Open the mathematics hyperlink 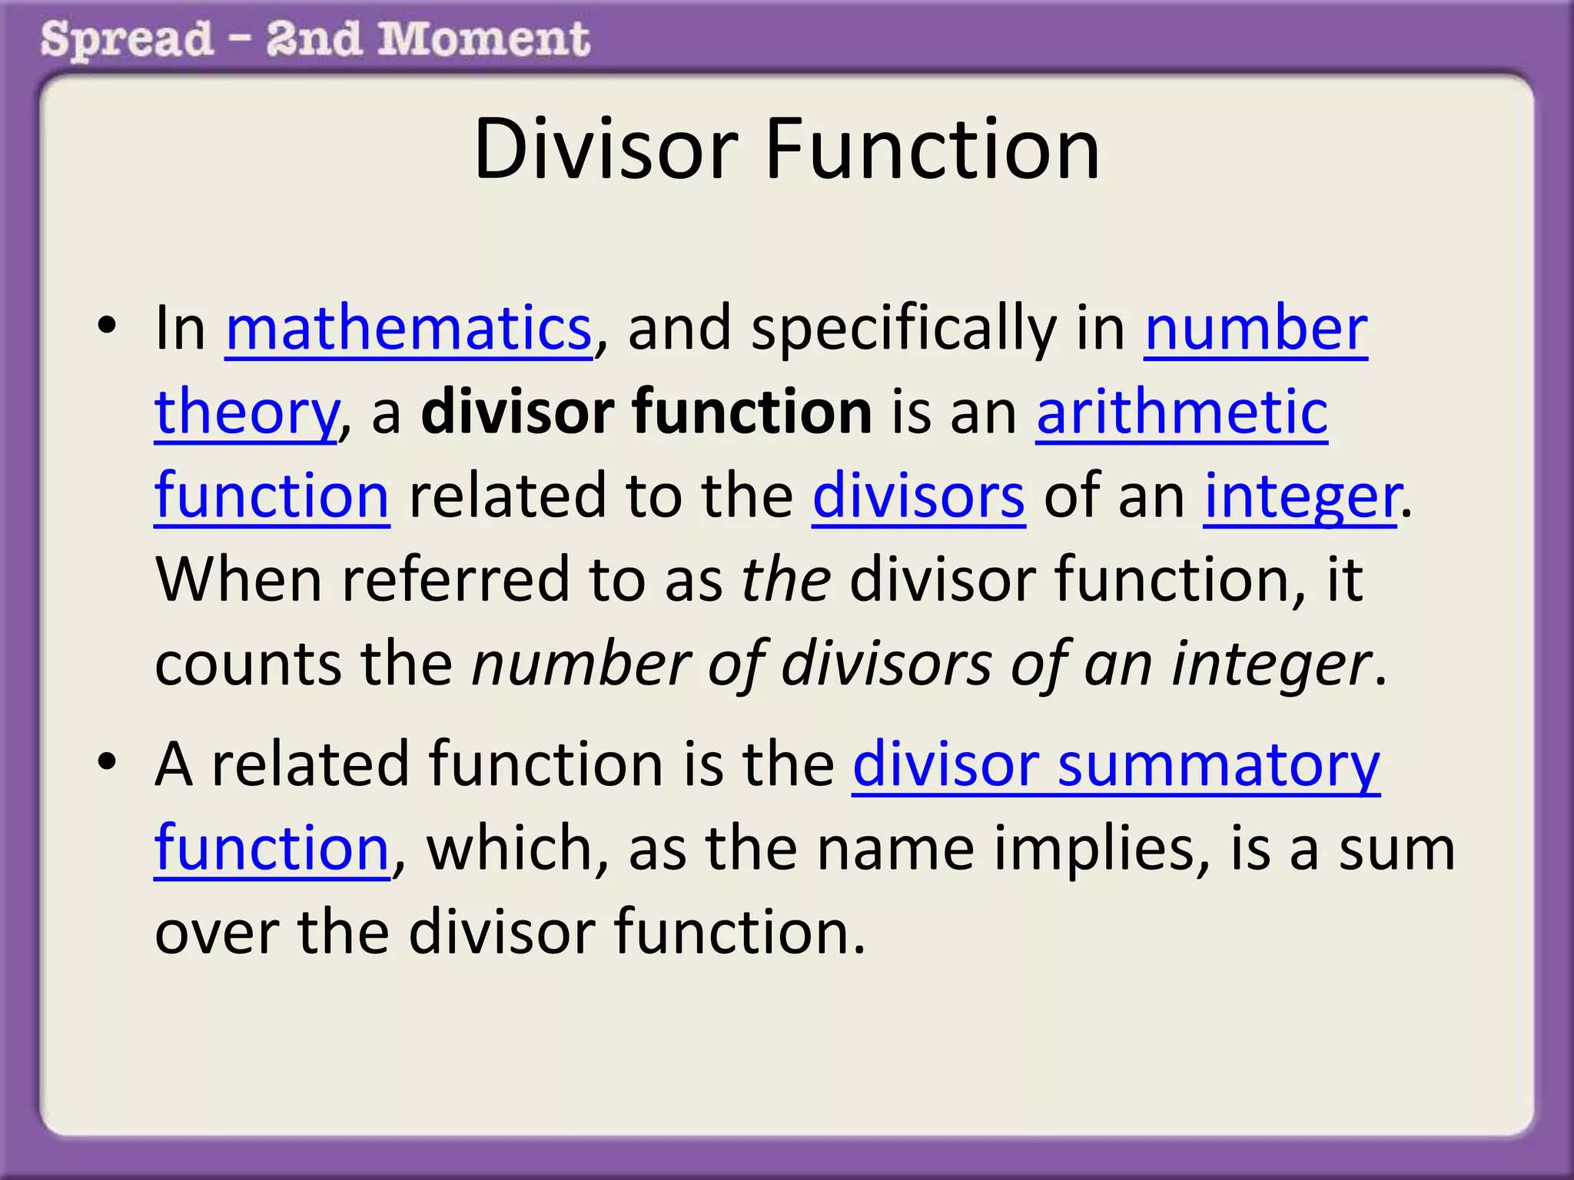point(408,329)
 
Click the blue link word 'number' point(1256,329)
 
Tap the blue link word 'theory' point(246,413)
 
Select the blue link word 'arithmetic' point(1182,413)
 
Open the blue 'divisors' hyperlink point(918,496)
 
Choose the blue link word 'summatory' point(1219,764)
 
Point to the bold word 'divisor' point(518,413)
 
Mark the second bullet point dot point(107,761)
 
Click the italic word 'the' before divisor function point(785,580)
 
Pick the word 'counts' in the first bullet point(247,665)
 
